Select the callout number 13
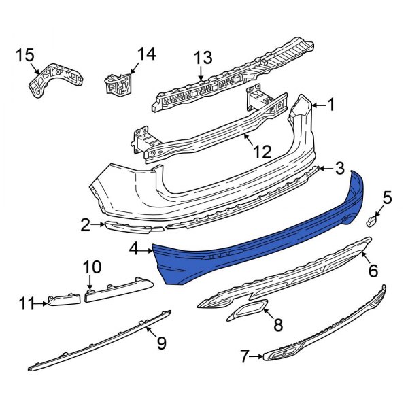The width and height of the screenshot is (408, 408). (203, 59)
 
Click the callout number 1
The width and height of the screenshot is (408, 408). (331, 105)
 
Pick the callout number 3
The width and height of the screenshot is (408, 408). (339, 168)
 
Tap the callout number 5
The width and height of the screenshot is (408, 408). (386, 198)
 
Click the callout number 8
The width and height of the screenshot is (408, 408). (277, 327)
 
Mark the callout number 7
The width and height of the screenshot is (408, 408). (249, 355)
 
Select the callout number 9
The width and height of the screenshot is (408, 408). (161, 343)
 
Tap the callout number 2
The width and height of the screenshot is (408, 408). (85, 224)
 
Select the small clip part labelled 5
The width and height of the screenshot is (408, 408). (372, 220)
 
